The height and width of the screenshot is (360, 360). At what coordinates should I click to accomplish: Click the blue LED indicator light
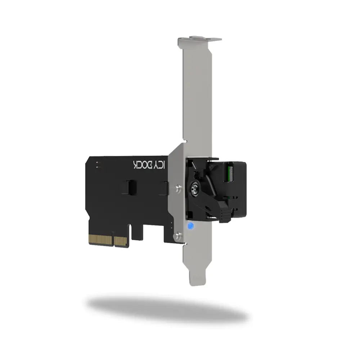click(190, 226)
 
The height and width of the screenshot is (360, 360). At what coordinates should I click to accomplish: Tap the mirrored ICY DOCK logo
click(149, 165)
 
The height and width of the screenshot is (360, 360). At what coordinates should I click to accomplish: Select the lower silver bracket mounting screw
click(177, 235)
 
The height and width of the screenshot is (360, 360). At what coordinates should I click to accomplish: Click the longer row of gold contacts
click(100, 240)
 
